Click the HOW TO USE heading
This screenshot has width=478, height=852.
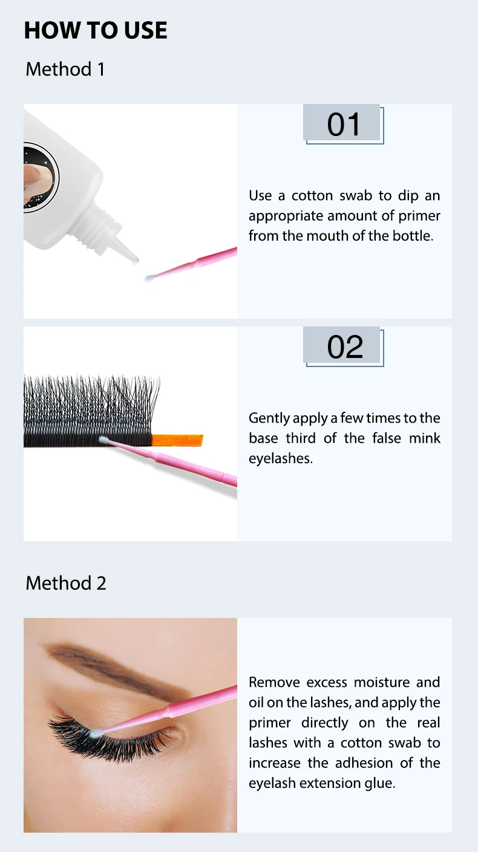click(x=96, y=30)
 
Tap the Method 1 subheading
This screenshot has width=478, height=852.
click(x=65, y=69)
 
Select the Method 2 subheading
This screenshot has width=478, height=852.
click(x=66, y=583)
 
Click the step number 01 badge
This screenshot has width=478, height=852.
click(x=343, y=124)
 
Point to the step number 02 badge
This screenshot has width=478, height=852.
click(x=343, y=346)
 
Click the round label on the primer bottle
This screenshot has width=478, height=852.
click(x=41, y=177)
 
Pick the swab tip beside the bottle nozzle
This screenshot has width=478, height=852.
click(x=149, y=278)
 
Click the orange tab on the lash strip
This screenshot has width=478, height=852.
click(x=177, y=440)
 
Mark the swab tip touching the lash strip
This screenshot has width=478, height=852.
click(x=103, y=440)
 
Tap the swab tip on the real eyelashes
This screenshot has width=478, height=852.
click(x=97, y=732)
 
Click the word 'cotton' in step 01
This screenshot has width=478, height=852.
click(x=312, y=196)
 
